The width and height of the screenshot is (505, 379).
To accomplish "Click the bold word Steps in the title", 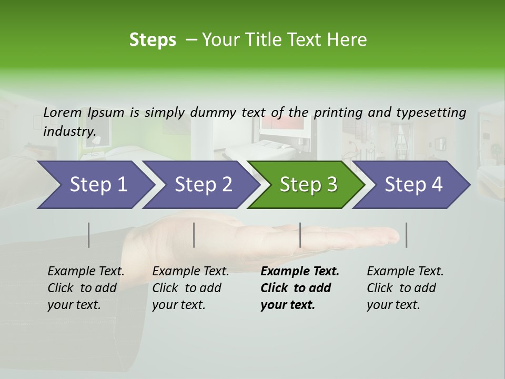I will [x=153, y=39].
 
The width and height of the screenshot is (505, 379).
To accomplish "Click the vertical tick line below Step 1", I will [x=89, y=235].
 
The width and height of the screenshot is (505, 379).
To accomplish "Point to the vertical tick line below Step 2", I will [x=194, y=235].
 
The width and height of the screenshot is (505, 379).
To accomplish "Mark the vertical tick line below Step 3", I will [x=300, y=235].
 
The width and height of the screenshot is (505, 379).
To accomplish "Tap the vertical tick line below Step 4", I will [x=406, y=235].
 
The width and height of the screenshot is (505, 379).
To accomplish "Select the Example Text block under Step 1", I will [x=86, y=288].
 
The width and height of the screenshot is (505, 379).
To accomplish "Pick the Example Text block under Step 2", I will [x=190, y=288].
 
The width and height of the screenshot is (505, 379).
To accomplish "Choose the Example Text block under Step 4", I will [x=405, y=288].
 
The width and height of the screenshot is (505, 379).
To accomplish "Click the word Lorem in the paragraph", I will [x=63, y=112].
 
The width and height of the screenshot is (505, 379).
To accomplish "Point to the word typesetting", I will [x=431, y=112].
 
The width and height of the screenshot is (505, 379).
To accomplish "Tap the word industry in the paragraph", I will [x=69, y=131].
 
